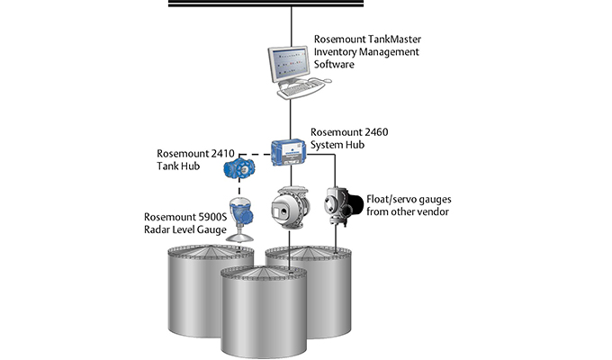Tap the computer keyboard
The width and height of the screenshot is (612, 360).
click(x=301, y=90)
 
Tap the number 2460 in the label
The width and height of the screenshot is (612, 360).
click(x=379, y=131)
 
